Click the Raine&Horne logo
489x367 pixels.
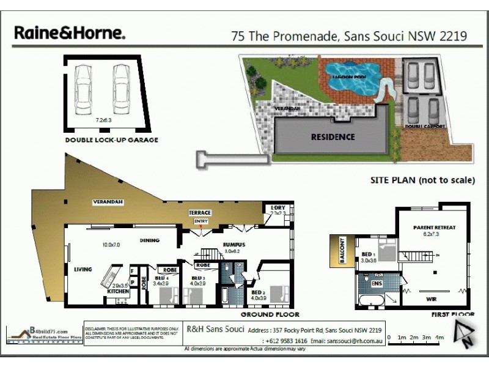click(x=70, y=33)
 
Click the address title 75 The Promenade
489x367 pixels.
click(x=349, y=35)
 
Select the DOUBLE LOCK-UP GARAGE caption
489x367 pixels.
click(x=112, y=140)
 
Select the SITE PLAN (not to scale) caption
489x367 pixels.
click(x=422, y=180)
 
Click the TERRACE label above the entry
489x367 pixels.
click(x=200, y=213)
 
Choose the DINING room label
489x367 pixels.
click(x=149, y=240)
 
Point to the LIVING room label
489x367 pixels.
click(x=83, y=269)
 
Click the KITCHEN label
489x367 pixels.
click(x=118, y=292)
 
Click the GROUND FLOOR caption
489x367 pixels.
click(x=270, y=314)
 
